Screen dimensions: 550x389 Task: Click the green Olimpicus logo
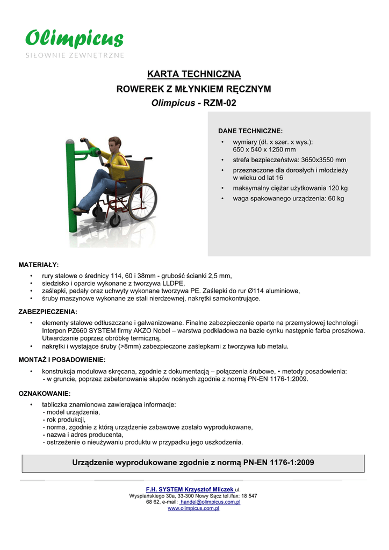75,39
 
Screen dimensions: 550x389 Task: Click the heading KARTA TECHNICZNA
194,74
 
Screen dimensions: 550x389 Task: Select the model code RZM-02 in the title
219,103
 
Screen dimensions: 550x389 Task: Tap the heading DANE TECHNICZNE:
250,131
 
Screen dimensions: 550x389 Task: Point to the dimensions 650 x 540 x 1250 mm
264,150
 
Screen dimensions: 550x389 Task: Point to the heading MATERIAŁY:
39,265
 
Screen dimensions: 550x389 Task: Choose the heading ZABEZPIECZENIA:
48,312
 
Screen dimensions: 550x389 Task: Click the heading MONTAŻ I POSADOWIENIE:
62,359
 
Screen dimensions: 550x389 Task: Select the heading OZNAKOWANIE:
45,393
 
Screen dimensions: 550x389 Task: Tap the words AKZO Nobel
176,331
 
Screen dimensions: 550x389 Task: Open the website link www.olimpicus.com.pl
194,508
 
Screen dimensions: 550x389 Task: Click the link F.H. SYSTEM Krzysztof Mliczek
190,490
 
